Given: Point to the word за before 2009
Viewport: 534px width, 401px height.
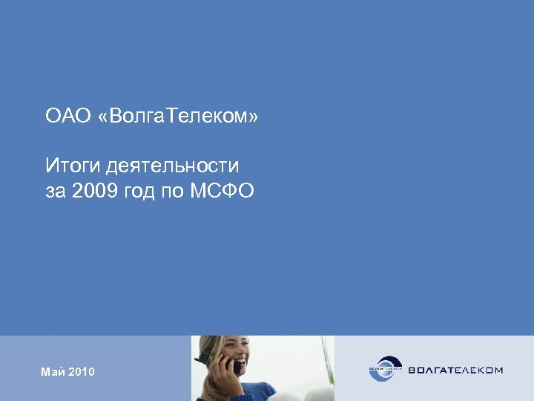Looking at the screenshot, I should (x=56, y=192).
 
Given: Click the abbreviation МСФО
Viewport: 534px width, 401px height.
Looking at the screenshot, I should (x=226, y=192).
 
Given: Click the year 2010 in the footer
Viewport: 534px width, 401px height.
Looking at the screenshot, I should (x=82, y=371).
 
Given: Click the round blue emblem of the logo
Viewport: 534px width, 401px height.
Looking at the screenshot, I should (x=386, y=369).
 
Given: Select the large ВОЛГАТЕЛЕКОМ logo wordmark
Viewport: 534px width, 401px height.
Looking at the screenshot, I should (x=454, y=369).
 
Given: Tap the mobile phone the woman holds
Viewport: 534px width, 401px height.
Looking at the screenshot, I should (x=234, y=365).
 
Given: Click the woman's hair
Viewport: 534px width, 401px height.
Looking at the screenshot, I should (x=211, y=349).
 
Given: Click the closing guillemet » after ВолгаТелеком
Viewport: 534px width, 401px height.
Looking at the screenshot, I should (x=254, y=117).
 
